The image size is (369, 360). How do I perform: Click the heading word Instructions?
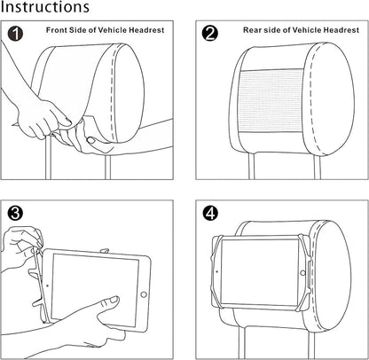tap(45, 7)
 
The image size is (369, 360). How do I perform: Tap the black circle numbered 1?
tap(15, 34)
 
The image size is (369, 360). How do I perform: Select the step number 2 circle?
tap(210, 34)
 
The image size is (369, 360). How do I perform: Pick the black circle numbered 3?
tap(15, 213)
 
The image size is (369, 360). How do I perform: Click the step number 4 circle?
tap(210, 213)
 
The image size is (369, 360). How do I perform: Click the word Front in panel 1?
tap(57, 30)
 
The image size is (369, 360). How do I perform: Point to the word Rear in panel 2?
tap(252, 30)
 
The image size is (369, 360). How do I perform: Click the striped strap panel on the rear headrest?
tap(271, 101)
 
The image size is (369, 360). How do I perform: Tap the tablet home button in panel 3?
tap(144, 294)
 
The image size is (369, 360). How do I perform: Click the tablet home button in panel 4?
tap(302, 273)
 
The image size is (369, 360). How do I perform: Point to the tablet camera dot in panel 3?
tap(47, 286)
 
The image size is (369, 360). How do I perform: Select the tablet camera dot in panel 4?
tap(216, 271)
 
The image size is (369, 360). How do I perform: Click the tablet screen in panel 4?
tap(260, 272)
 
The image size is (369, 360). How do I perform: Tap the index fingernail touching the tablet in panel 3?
tap(114, 300)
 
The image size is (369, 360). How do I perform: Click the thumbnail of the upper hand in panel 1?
tap(67, 122)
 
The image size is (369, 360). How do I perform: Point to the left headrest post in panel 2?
tap(251, 167)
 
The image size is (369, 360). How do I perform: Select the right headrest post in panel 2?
tap(317, 167)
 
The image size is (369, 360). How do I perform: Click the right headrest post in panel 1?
tap(108, 167)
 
